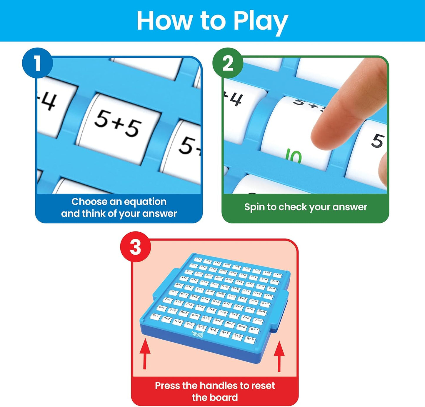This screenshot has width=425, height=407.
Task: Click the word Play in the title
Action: pyautogui.click(x=260, y=21)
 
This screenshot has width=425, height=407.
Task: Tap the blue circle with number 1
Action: pyautogui.click(x=37, y=63)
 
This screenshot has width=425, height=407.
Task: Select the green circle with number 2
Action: pyautogui.click(x=228, y=63)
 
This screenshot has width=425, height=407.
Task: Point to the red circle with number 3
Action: pyautogui.click(x=136, y=247)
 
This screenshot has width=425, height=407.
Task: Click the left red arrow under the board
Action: pyautogui.click(x=145, y=353)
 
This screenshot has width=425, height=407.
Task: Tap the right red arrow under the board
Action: pyautogui.click(x=279, y=356)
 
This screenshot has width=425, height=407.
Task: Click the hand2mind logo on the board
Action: pyautogui.click(x=197, y=334)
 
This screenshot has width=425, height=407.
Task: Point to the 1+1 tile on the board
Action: pyautogui.click(x=198, y=259)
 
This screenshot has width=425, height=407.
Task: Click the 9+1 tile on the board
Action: pyautogui.click(x=155, y=316)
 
